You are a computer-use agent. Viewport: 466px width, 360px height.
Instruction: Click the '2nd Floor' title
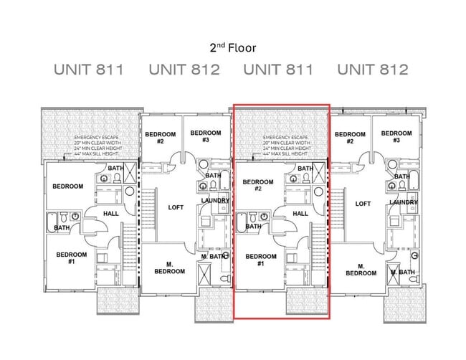(232, 48)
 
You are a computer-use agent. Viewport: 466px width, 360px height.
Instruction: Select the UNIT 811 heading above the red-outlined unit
(279, 70)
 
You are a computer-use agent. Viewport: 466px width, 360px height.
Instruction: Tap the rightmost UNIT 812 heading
(373, 70)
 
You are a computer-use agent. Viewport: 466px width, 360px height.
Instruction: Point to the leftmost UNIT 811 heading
(89, 70)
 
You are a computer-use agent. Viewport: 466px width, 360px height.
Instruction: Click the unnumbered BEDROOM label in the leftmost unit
(67, 186)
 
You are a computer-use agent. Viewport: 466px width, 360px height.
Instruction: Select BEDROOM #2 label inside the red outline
(257, 186)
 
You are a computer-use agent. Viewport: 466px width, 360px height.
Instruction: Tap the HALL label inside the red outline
(301, 213)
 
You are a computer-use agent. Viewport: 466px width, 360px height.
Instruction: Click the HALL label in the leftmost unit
(111, 213)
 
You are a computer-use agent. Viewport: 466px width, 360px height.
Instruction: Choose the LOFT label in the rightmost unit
(363, 204)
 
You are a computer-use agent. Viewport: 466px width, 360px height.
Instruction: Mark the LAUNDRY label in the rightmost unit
(404, 202)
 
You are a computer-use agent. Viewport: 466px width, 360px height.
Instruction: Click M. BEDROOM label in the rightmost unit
(361, 269)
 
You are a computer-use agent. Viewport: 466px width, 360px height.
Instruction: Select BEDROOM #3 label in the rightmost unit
(396, 137)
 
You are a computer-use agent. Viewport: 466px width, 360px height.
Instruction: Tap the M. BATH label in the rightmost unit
(404, 272)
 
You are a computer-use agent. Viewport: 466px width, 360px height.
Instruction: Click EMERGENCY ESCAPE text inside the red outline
(285, 137)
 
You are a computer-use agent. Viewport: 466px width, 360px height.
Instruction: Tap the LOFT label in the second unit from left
(176, 207)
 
